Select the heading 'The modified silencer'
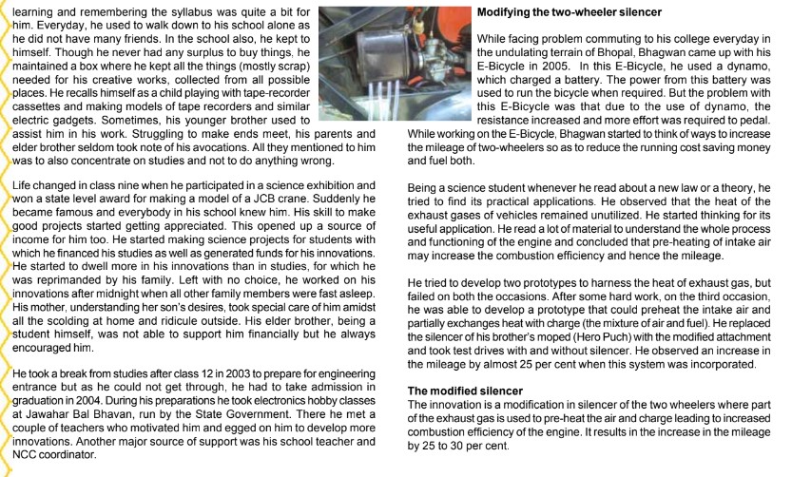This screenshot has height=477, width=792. pyautogui.click(x=469, y=391)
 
